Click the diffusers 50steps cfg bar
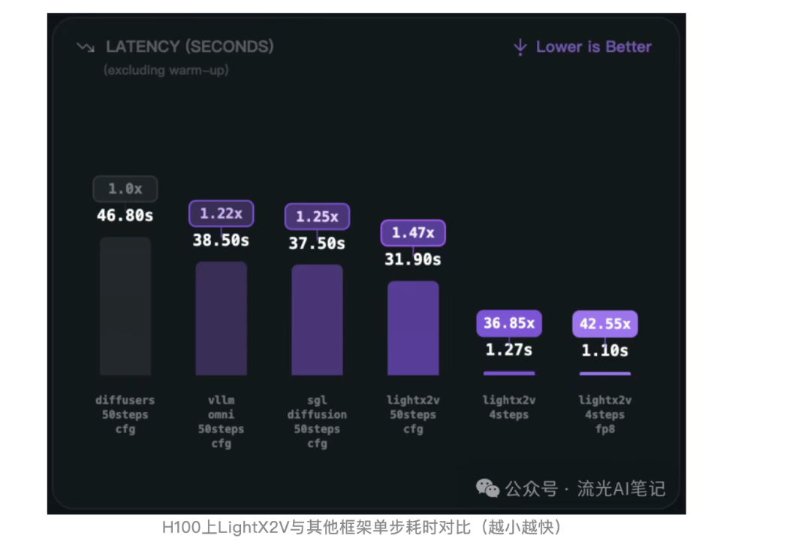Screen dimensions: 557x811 pos(125,306)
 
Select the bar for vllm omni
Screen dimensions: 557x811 pos(222,318)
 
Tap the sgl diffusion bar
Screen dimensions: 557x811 pos(317,319)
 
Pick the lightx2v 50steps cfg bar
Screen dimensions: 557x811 pos(413,328)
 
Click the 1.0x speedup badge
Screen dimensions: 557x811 pos(125,189)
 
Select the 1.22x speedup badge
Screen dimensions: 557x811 pos(222,213)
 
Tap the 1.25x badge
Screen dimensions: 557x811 pos(317,216)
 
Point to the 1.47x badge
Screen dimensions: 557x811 pos(413,233)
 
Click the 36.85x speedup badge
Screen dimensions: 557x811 pos(509,323)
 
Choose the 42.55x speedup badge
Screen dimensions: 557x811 pos(605,324)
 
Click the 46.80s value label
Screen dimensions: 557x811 pos(125,216)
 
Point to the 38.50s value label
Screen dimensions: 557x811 pos(222,241)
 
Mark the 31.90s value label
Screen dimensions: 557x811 pos(413,259)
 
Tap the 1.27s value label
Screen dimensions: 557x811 pos(509,350)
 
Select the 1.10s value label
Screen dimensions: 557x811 pos(605,350)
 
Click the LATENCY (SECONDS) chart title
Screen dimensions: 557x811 pos(189,47)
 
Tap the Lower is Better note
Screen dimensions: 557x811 pos(593,47)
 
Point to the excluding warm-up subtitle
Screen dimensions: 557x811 pos(166,70)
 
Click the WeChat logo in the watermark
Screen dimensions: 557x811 pos(487,489)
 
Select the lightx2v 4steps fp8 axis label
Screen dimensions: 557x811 pos(605,414)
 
